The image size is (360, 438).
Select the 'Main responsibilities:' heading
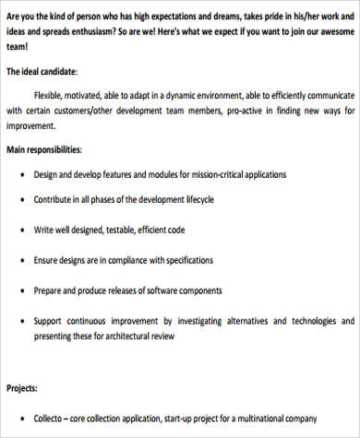pyautogui.click(x=43, y=149)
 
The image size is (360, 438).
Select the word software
pyautogui.click(x=162, y=290)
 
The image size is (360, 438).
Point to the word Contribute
pyautogui.click(x=57, y=198)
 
